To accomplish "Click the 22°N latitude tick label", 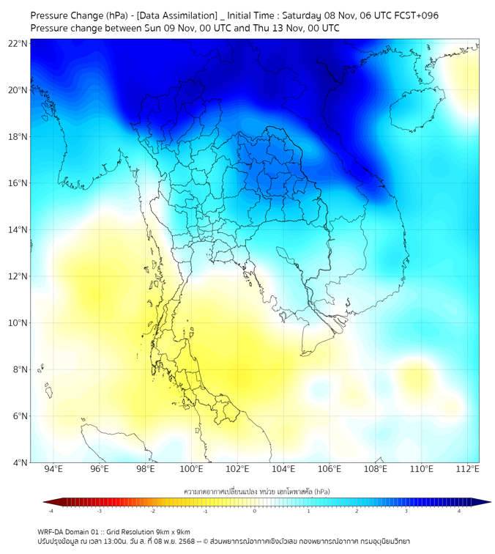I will tap(18, 44).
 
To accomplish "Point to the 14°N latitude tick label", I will tap(18, 230).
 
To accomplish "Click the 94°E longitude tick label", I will tap(53, 469).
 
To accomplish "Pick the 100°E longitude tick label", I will tap(191, 469).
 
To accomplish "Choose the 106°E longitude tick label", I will tap(330, 469).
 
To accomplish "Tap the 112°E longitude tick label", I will tap(467, 469).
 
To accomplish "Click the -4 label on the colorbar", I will tap(51, 511).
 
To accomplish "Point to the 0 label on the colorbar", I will tap(255, 511).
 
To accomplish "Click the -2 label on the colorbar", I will tap(152, 511).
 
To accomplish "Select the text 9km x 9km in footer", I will tap(171, 531).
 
